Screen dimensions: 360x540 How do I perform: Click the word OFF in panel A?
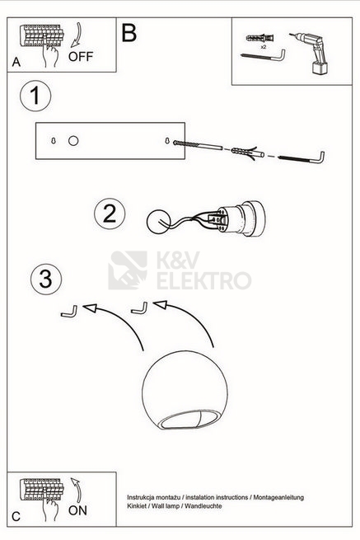click(x=81, y=57)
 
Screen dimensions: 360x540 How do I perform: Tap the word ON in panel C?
click(x=77, y=510)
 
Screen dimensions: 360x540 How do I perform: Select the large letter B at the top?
click(x=129, y=33)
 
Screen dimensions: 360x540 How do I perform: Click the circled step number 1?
click(x=35, y=96)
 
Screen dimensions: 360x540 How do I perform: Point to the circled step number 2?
click(x=110, y=214)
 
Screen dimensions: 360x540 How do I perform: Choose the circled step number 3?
click(x=46, y=279)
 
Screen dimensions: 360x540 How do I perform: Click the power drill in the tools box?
click(x=310, y=53)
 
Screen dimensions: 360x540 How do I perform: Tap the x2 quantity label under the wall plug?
click(x=264, y=47)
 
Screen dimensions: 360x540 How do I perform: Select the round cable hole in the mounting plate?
click(x=73, y=140)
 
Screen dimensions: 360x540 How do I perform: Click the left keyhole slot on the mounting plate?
click(x=54, y=140)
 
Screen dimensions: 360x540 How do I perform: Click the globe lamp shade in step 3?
click(x=185, y=390)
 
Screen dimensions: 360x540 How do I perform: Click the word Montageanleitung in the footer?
click(x=278, y=497)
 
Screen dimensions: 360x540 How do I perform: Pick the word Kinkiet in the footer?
click(x=135, y=506)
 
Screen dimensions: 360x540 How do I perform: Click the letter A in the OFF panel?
click(x=16, y=62)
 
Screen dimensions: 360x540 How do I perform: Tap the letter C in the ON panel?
click(x=16, y=517)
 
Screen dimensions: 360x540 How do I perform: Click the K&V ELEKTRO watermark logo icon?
click(x=128, y=270)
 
